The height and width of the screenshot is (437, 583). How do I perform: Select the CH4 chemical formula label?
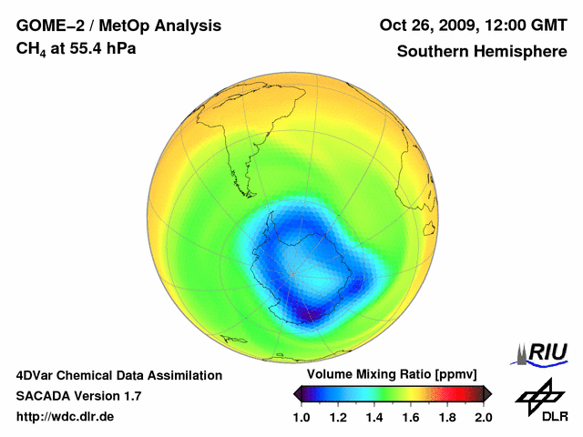pos(30,47)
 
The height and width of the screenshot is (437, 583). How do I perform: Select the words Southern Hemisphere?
pos(481,51)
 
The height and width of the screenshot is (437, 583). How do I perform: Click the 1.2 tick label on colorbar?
pos(338,417)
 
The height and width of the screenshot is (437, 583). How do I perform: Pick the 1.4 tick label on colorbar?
pos(374,417)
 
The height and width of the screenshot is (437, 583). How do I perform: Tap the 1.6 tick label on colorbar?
pos(411,417)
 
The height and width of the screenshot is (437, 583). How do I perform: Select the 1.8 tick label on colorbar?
pos(447,417)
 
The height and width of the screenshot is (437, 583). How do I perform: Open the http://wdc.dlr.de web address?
pos(65,417)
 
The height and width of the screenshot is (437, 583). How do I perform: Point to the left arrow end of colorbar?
pos(296,393)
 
